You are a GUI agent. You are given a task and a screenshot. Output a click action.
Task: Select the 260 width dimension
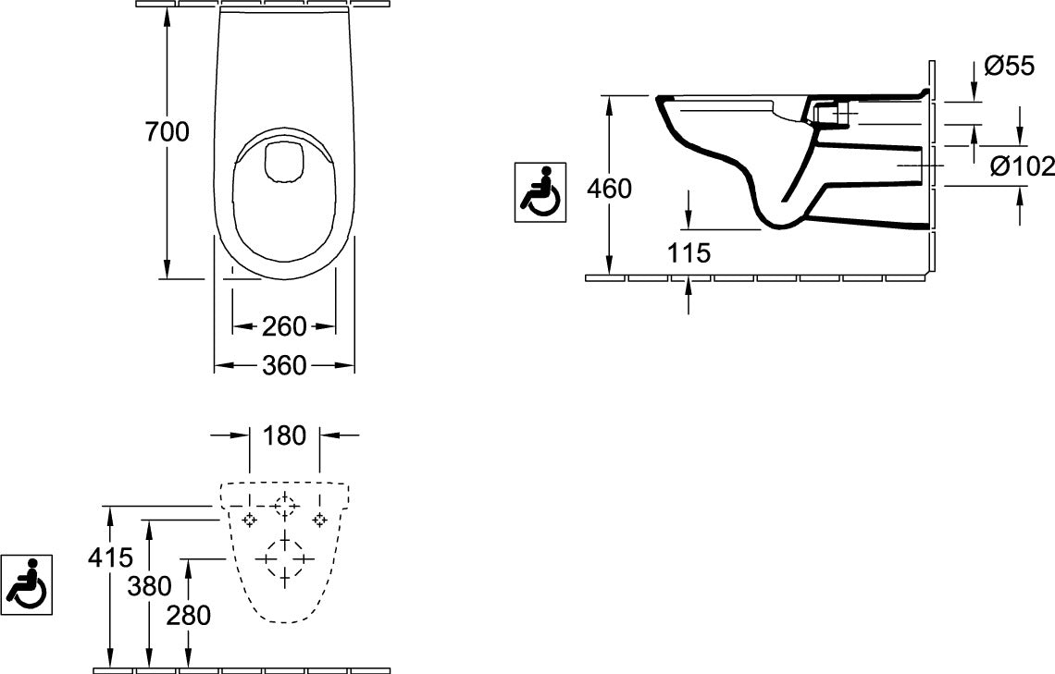(284, 326)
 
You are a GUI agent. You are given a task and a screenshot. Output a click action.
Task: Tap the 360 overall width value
(284, 365)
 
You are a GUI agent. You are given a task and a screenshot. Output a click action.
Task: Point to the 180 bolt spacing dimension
(285, 435)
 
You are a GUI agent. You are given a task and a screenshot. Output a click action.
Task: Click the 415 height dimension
(111, 558)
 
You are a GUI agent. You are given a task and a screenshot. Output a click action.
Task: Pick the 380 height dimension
(149, 586)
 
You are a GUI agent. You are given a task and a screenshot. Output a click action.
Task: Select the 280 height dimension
(189, 615)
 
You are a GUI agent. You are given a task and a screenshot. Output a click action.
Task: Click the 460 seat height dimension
(610, 189)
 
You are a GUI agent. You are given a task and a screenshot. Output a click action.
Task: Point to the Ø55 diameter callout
(1009, 66)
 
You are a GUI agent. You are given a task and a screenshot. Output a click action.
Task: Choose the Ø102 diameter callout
(1022, 165)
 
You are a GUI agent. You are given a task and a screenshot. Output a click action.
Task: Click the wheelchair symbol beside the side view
(540, 191)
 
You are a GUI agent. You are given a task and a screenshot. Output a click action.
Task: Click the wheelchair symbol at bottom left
(26, 584)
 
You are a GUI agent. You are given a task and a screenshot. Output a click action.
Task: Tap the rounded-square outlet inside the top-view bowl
(285, 162)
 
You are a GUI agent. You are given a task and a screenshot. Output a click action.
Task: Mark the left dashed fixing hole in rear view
(250, 520)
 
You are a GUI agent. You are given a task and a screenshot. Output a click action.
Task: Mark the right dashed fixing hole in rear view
(319, 520)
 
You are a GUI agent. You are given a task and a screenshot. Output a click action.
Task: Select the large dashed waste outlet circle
(285, 559)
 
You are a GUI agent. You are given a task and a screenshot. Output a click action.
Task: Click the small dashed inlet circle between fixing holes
(285, 506)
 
